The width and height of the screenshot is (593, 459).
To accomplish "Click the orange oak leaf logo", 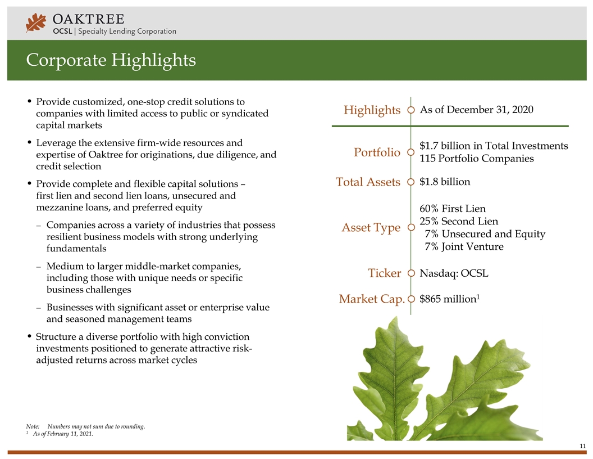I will pos(36,23).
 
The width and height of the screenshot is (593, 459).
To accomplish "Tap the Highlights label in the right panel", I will pos(372,110).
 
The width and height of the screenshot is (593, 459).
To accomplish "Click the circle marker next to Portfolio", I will pos(411,152).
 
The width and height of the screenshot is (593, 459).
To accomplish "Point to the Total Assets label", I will pos(368,182).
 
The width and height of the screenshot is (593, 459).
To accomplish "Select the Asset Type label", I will pos(371,228).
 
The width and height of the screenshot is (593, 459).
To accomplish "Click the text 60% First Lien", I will pos(453,209).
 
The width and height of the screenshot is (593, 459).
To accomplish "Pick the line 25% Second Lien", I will pos(458,221).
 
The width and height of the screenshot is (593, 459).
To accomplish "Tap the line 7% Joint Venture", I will pos(464,246).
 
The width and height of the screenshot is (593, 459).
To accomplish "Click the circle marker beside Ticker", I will pos(411,274).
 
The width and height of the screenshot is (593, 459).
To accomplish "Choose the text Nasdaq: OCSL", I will pos(454,273).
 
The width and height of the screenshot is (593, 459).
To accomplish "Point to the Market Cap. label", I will pos(372,299).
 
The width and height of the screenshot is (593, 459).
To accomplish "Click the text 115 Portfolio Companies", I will pos(476,159).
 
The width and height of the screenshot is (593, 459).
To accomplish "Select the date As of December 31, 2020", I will pos(476,110).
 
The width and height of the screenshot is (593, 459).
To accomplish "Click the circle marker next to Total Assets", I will pos(411,182).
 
